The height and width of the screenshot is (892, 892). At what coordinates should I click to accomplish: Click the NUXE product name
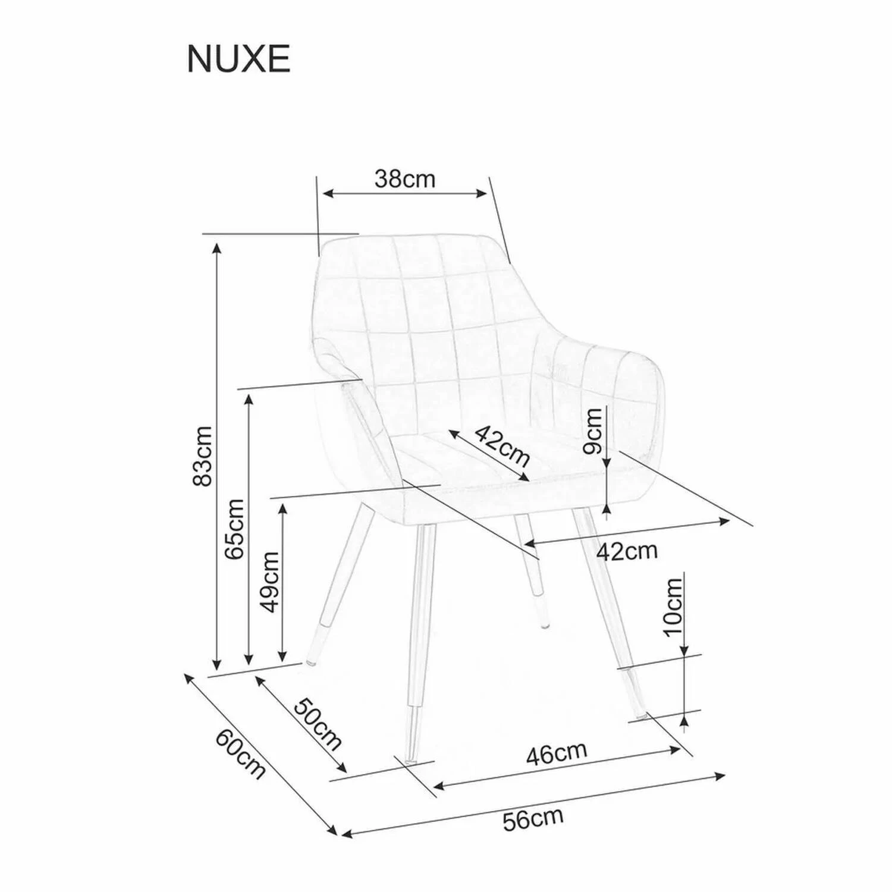point(238,59)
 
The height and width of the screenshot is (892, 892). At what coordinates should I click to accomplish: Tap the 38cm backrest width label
point(405,178)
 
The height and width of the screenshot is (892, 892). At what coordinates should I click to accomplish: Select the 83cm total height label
point(203,456)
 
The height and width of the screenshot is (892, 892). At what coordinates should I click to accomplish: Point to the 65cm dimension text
point(234,529)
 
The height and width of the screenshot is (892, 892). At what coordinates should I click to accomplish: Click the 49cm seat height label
point(269,582)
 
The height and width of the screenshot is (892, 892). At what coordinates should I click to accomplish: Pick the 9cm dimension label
point(593,432)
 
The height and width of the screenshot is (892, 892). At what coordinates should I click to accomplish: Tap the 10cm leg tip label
point(674,606)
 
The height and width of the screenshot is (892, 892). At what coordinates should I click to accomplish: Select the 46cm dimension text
point(557,753)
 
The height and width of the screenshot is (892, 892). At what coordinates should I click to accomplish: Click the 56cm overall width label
point(533,819)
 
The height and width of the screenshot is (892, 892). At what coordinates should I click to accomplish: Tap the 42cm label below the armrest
point(627,551)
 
